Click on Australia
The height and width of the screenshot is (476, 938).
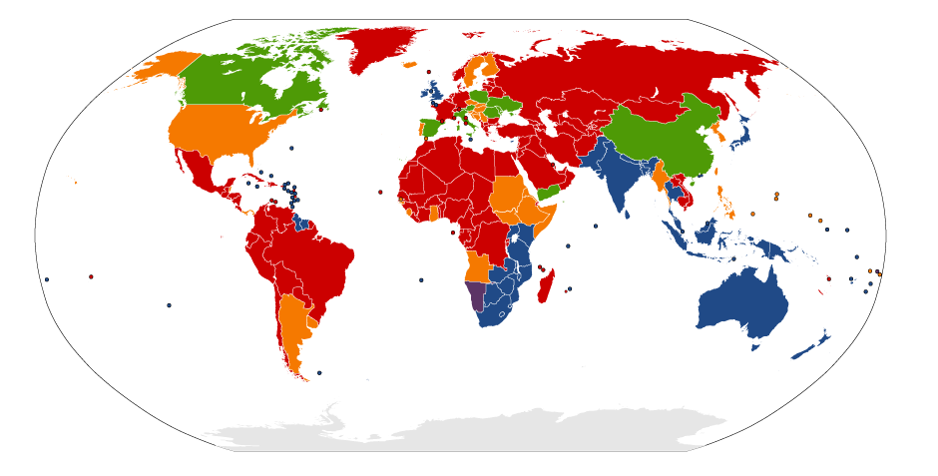[x=743, y=304]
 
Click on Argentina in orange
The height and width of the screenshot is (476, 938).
[x=293, y=329]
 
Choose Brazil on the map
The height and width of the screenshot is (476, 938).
[x=319, y=264]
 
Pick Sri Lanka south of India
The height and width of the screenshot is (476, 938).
[x=628, y=212]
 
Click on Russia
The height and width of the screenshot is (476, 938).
[x=629, y=70]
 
